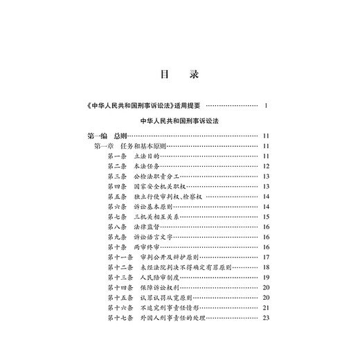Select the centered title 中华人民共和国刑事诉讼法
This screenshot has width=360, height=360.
pyautogui.click(x=179, y=121)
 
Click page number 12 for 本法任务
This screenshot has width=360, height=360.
pyautogui.click(x=266, y=167)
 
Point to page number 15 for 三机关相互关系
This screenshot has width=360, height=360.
pyautogui.click(x=266, y=217)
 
